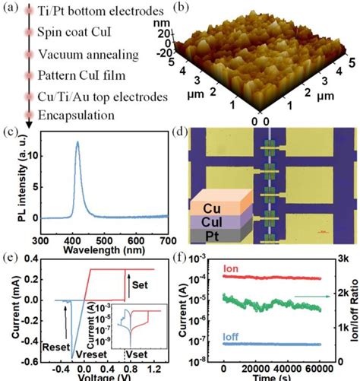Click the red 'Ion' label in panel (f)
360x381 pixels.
click(230, 269)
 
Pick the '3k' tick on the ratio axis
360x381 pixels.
click(343, 259)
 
